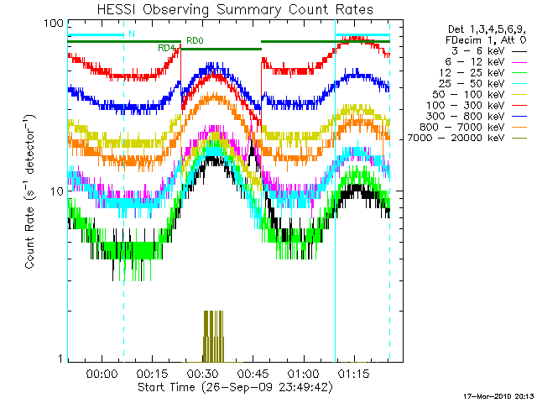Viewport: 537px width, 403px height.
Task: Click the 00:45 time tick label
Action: pos(253,373)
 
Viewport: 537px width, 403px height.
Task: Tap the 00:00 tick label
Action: pos(101,373)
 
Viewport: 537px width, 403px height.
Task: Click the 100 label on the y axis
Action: pos(55,23)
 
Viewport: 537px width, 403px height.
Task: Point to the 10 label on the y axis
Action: pos(58,191)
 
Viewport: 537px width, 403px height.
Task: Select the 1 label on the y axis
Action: pos(61,359)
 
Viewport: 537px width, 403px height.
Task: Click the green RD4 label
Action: pos(166,48)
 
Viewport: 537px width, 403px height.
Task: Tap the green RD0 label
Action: pos(194,40)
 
